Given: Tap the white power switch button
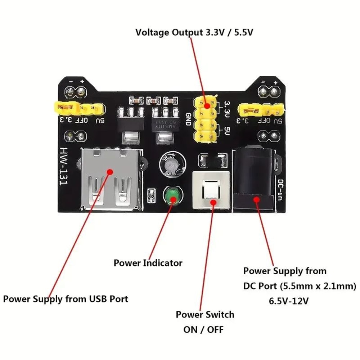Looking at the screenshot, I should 211,191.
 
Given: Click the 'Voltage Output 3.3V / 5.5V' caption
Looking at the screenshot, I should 194,32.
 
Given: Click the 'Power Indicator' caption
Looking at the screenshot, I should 148,263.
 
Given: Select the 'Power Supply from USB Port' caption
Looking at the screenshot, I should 66,299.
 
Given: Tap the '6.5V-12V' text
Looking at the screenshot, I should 289,301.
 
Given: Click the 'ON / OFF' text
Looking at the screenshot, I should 203,329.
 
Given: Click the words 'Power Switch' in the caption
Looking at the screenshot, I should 205,315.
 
